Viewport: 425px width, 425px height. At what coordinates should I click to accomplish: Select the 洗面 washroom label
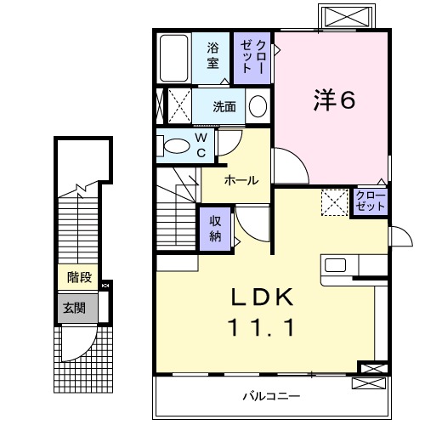(224, 107)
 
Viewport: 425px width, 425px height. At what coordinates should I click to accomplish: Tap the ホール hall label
(241, 180)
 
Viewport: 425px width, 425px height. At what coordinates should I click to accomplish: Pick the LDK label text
(264, 297)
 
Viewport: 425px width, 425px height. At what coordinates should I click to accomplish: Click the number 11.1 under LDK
(264, 327)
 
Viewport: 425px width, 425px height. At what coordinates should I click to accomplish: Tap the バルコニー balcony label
(269, 395)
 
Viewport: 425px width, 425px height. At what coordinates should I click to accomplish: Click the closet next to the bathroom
(253, 57)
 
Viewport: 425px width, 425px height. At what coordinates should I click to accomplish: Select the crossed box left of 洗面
(177, 106)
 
